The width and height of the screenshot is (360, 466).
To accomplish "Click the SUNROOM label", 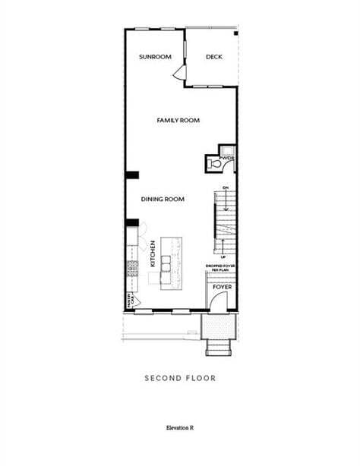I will (155, 57).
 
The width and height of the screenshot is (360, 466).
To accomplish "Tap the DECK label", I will (214, 57).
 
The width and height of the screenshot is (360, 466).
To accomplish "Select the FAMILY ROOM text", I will (178, 120).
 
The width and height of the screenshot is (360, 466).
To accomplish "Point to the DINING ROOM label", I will (163, 199).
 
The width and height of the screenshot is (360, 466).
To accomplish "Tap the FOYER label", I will (221, 288).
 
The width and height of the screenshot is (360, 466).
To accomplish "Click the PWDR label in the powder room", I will (227, 158).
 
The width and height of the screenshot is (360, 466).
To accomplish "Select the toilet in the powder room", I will (215, 163).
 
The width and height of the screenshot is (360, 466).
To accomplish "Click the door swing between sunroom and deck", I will (179, 73).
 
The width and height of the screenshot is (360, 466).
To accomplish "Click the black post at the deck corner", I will (235, 33).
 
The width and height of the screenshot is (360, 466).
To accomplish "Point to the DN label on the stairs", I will (225, 187).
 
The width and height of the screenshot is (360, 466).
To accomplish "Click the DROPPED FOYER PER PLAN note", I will (220, 268).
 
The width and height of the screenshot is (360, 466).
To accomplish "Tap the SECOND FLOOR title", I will (180, 377).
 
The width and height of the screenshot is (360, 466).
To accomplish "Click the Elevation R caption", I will (180, 428).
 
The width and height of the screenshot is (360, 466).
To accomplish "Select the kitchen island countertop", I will (172, 262).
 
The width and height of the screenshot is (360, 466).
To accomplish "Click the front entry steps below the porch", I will (219, 348).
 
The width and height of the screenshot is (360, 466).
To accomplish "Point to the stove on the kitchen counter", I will (132, 268).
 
